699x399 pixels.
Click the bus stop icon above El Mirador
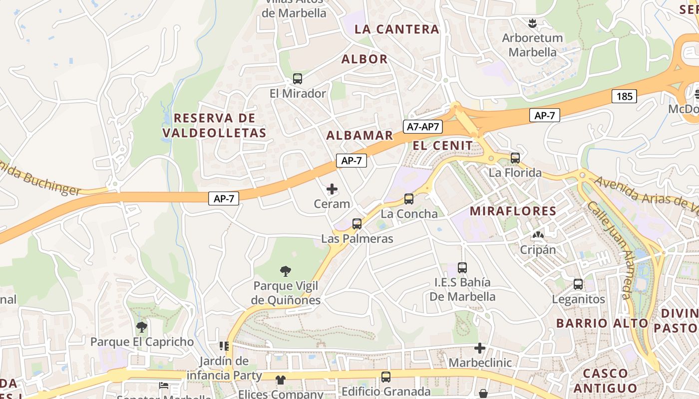(298, 79)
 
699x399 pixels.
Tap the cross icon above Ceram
(332, 189)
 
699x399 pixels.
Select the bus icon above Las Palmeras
(357, 224)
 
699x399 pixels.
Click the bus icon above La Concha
(409, 199)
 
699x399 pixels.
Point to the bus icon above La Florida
(515, 158)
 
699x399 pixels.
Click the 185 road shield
(624, 96)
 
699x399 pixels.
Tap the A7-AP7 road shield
(422, 127)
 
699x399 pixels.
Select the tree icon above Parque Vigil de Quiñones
(286, 271)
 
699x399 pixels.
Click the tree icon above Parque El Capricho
(142, 327)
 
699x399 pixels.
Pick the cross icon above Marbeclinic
(480, 348)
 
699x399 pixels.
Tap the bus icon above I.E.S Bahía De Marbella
(462, 268)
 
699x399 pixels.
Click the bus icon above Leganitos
(578, 285)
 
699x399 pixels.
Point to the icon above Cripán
(538, 235)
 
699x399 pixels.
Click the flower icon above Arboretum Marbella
(532, 23)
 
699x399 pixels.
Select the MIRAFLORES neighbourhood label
(513, 211)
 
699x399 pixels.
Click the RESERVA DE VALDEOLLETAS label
(214, 126)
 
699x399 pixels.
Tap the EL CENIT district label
(443, 146)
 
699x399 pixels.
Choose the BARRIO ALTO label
(602, 323)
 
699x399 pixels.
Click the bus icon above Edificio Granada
(386, 377)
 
